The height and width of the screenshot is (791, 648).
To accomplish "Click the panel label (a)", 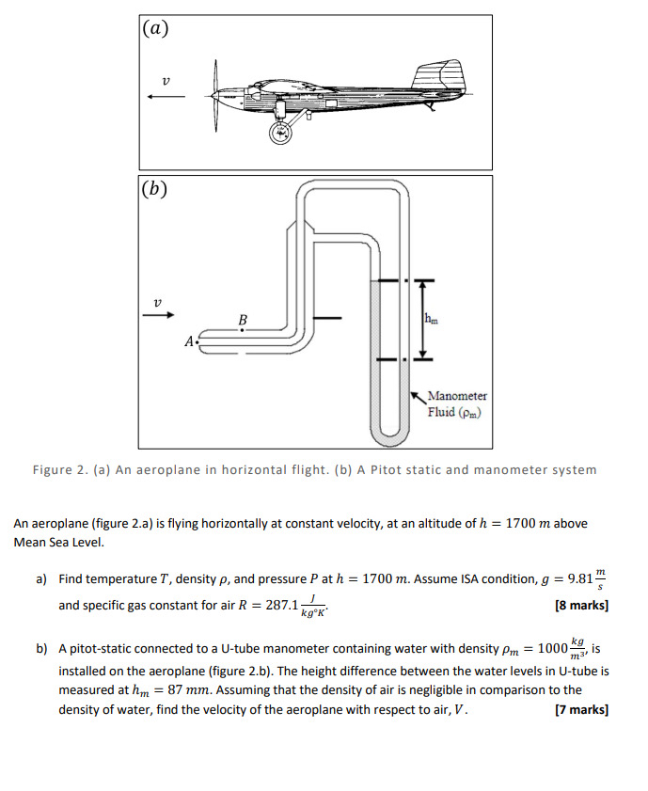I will click(156, 28).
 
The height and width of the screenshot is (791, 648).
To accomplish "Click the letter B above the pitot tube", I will click(243, 321).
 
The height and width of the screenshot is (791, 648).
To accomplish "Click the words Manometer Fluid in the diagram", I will click(456, 404).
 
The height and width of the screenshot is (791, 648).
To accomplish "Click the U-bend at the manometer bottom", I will click(389, 436).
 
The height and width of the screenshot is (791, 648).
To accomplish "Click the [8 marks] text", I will click(582, 606).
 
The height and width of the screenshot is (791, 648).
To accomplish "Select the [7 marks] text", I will click(582, 709).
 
